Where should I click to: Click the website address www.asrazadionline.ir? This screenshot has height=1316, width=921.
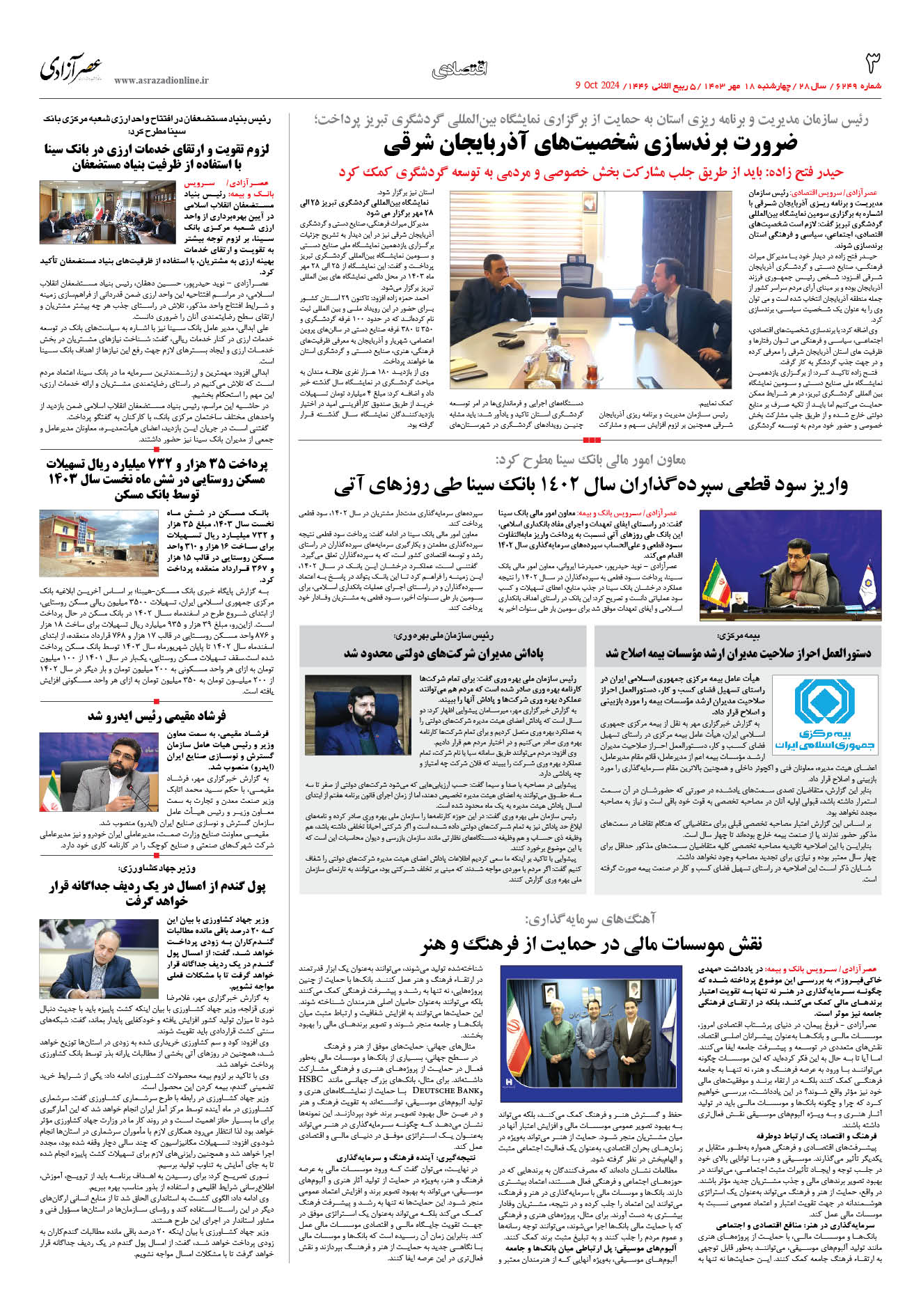[161, 81]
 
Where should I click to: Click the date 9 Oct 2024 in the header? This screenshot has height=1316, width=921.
[597, 86]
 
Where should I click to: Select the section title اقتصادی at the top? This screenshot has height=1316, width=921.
[460, 69]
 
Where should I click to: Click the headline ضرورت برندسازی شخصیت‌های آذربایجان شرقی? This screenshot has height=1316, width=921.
[590, 144]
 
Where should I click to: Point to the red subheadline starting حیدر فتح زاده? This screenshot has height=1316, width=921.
[590, 171]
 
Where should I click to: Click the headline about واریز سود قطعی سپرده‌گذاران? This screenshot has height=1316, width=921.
[590, 485]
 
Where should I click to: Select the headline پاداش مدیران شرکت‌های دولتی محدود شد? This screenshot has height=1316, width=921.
[443, 653]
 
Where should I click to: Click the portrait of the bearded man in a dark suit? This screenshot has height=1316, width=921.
[358, 714]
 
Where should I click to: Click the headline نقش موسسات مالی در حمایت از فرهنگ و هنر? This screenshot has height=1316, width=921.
[590, 943]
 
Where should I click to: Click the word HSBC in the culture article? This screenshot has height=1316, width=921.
[310, 1079]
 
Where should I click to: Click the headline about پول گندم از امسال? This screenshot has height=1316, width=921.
[157, 893]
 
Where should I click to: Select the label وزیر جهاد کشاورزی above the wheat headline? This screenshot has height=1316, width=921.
[157, 868]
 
